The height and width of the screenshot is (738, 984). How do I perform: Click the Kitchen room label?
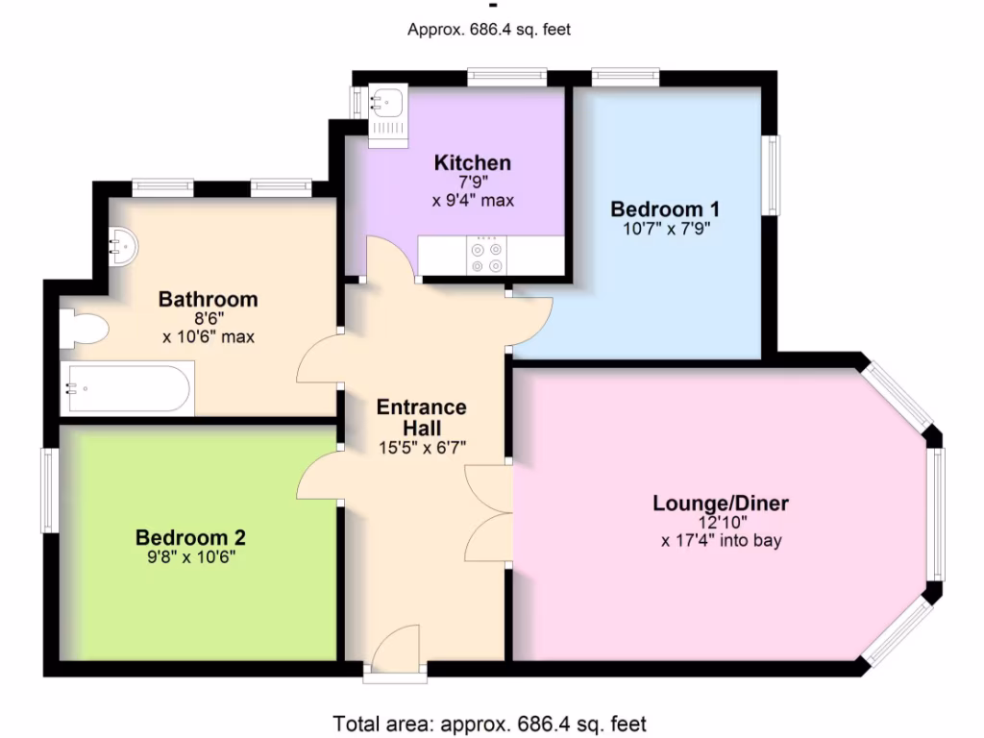(472, 161)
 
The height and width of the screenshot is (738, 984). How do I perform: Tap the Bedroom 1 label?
(665, 209)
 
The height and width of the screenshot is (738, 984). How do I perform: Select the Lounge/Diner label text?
(721, 503)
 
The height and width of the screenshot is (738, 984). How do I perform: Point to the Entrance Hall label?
(421, 417)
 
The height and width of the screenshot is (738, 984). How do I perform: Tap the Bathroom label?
(208, 299)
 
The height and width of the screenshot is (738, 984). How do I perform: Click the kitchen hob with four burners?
(485, 257)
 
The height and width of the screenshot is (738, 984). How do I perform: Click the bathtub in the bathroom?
(128, 388)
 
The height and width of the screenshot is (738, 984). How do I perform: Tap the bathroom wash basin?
(123, 246)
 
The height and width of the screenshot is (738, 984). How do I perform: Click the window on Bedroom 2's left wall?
(48, 490)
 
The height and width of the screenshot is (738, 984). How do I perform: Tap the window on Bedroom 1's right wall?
(771, 175)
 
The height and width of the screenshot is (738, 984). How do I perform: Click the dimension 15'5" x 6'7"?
(422, 446)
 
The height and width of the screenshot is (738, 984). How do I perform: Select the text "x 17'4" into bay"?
(721, 540)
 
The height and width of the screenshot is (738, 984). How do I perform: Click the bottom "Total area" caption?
(490, 723)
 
